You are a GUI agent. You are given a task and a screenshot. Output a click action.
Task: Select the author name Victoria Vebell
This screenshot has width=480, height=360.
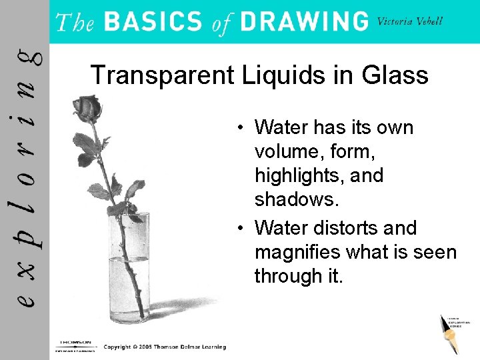pyautogui.click(x=409, y=21)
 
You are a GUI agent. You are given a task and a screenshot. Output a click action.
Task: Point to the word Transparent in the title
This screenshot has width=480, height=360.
pyautogui.click(x=158, y=75)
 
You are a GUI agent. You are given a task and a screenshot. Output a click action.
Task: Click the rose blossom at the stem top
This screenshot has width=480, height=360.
pyautogui.click(x=87, y=107)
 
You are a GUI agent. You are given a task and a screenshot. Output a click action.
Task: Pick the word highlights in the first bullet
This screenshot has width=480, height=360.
pyautogui.click(x=319, y=176)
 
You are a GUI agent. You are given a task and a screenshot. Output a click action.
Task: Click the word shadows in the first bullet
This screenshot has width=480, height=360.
pyautogui.click(x=294, y=200)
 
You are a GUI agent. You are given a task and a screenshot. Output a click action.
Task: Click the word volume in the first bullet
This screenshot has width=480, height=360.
pyautogui.click(x=289, y=151)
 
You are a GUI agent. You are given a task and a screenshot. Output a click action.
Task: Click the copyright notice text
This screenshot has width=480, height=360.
pyautogui.click(x=165, y=347)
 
